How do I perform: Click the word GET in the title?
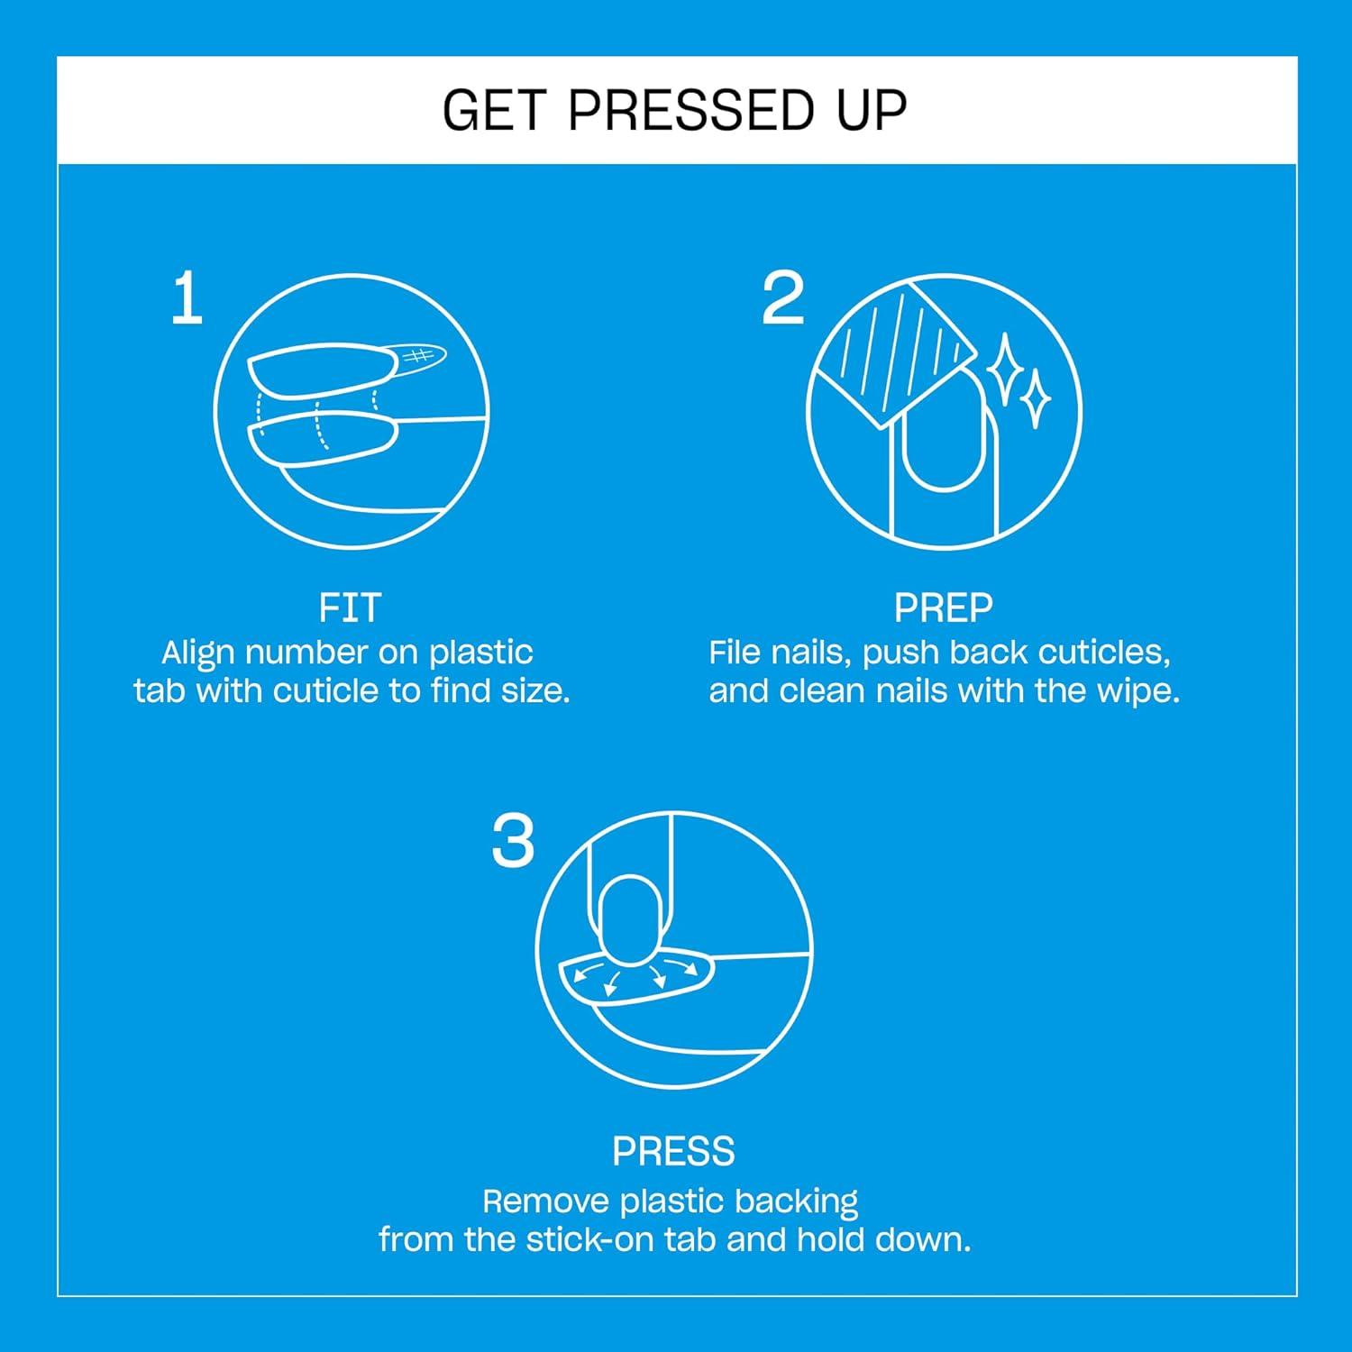coord(493,111)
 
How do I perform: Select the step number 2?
coord(782,299)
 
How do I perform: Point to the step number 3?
coord(513,842)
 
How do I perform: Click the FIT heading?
coord(350,608)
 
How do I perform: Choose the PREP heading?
coord(943,608)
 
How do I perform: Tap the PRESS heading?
coord(673,1151)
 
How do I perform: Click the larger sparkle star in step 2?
coord(1003,368)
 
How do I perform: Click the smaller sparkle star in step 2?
coord(1036,397)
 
